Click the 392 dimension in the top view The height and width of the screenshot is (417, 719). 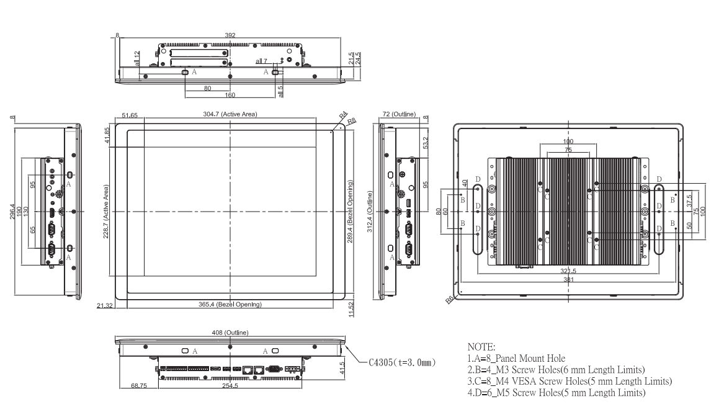[x=230, y=35]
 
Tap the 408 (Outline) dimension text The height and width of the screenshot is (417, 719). [x=230, y=333]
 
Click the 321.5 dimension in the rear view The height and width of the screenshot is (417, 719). [x=568, y=271]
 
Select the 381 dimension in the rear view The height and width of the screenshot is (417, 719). [x=568, y=280]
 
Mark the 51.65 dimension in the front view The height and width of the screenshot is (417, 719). [x=130, y=115]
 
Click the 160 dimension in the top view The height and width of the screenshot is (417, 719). [x=230, y=96]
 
